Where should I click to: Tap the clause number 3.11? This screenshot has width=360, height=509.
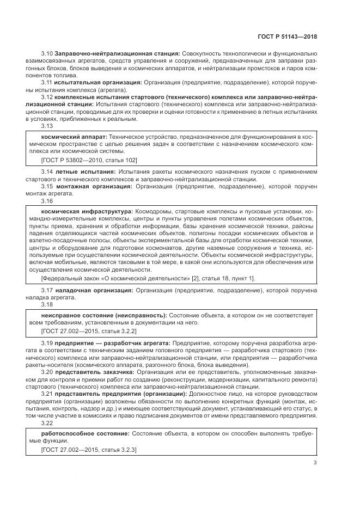[47, 82]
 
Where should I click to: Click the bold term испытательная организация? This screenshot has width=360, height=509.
[98, 82]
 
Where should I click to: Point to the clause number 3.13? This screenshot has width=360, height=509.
[47, 126]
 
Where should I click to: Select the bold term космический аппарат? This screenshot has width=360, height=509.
[74, 137]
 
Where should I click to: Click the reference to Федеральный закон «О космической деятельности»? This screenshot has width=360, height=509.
[147, 278]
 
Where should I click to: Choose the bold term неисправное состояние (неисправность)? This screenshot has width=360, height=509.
[104, 315]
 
